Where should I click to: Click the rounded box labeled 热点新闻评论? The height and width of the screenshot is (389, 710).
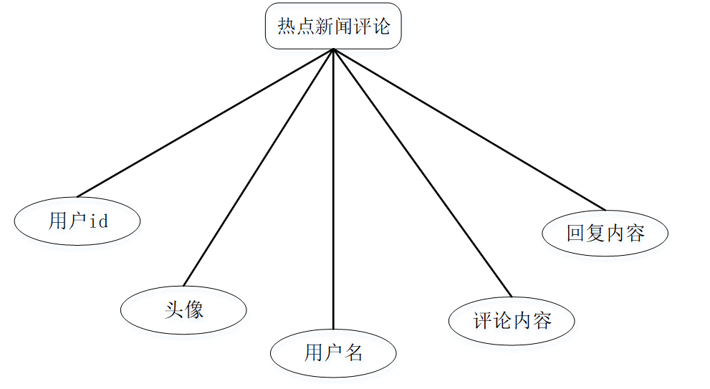[x=333, y=27]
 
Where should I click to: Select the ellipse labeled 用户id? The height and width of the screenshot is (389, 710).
[x=77, y=221]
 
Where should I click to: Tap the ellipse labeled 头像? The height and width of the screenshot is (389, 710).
[x=183, y=309]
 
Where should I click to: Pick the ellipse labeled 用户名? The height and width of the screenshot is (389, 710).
[x=333, y=352]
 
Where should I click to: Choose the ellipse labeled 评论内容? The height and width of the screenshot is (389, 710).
[x=512, y=320]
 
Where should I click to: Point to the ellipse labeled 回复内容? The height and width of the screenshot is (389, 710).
[x=605, y=233]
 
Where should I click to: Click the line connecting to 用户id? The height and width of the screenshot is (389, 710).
[x=205, y=123]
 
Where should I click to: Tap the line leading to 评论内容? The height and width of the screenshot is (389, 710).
[x=422, y=172]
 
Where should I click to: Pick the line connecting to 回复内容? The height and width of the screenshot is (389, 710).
[x=469, y=129]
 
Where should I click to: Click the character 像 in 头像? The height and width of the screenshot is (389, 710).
[x=194, y=309]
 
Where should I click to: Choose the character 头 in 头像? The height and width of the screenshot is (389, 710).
[x=173, y=309]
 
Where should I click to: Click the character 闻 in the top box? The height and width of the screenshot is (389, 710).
[x=343, y=27]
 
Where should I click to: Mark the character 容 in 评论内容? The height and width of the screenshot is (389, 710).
[x=542, y=320]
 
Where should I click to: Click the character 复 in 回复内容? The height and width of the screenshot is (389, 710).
[x=595, y=233]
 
